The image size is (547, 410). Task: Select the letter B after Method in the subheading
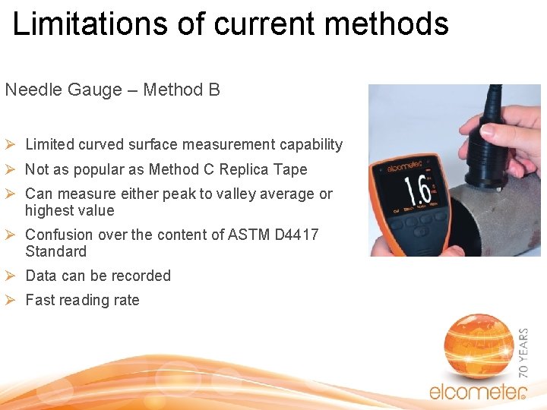(213, 90)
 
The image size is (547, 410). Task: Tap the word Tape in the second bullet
(291, 169)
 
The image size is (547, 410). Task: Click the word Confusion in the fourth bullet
(59, 235)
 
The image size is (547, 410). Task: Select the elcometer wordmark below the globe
(477, 392)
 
